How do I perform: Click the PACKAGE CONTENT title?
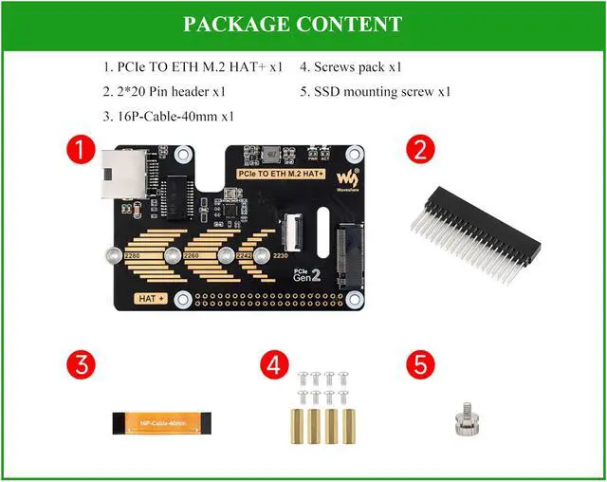point(292,25)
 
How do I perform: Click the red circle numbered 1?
point(81,150)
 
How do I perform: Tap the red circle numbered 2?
point(420,150)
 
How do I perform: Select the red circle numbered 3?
point(81,365)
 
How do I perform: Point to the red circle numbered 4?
point(275,365)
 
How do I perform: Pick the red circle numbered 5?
point(420,365)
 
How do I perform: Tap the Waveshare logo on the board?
point(351,177)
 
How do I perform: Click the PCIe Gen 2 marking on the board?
point(304,275)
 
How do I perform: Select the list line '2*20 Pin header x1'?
point(164,92)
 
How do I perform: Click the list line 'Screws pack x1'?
point(351,67)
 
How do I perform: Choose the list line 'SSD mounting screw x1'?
point(375,92)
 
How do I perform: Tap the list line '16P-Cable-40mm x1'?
point(169,117)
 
